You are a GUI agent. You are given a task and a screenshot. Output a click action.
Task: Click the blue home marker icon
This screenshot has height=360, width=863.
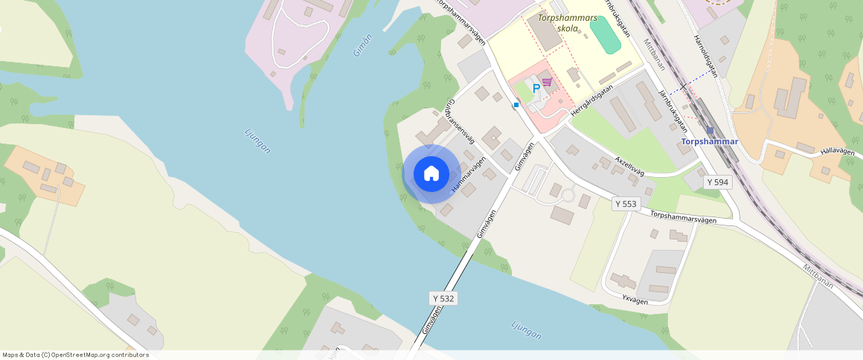coord(431,174)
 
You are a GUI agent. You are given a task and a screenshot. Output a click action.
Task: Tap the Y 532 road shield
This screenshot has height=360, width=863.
coord(443,298)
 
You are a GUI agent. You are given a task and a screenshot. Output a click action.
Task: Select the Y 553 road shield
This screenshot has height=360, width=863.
coord(626,203)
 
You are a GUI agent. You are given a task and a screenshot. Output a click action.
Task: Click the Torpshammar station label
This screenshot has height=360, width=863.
coord(710,141)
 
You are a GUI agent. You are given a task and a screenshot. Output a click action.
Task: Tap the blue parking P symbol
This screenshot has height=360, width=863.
coord(536,89)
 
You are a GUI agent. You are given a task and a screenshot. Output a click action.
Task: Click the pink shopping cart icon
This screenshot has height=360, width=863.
coord(547,82)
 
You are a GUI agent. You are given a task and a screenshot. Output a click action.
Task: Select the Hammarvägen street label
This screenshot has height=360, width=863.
coord(469,176)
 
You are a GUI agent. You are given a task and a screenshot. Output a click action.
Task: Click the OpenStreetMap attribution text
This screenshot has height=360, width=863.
coord(75,355)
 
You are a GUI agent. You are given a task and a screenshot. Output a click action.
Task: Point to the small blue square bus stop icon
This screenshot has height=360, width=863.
coord(516,105)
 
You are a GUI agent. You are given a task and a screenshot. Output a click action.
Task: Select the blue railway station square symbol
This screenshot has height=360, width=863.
coord(710,130)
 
